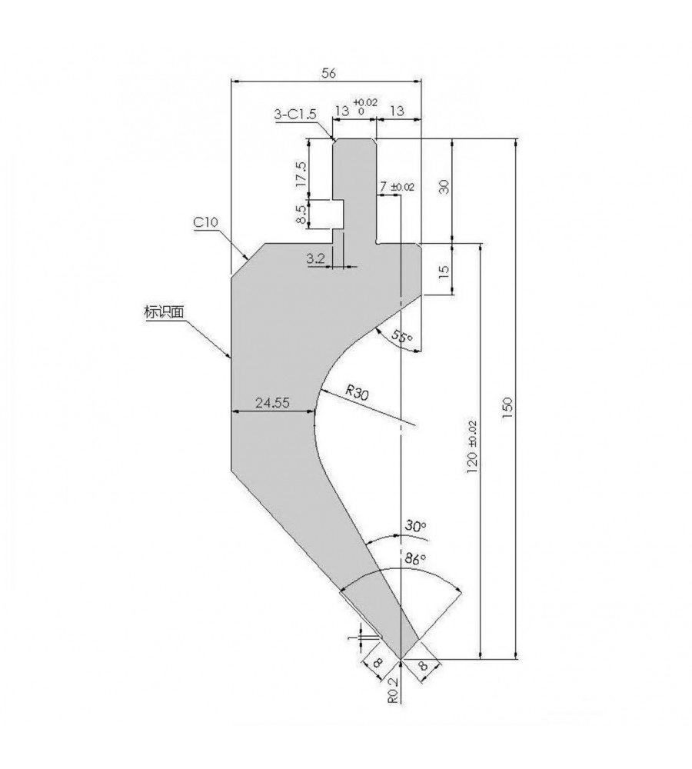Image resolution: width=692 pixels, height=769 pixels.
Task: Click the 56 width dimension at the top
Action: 328,73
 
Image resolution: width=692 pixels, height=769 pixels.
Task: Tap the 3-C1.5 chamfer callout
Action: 295,115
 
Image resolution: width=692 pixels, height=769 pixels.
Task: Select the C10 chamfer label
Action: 205,223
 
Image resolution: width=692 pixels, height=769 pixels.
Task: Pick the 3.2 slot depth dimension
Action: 316,258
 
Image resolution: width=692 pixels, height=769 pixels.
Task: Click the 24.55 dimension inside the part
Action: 272,403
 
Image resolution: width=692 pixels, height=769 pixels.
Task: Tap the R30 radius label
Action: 357,392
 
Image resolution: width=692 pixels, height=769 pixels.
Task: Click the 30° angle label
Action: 415,526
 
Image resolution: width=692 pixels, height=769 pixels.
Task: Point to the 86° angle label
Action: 415,558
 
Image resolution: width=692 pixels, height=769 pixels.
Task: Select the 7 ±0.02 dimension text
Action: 396,186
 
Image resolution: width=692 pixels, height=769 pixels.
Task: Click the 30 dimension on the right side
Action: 444,187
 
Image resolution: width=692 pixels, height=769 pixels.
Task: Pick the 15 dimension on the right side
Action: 444,271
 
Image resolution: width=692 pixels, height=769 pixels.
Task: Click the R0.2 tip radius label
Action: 394,690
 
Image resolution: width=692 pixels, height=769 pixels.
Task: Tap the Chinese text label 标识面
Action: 164,312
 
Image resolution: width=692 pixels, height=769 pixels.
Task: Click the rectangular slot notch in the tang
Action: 338,215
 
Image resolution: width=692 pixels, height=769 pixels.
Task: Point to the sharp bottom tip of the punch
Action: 401,659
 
